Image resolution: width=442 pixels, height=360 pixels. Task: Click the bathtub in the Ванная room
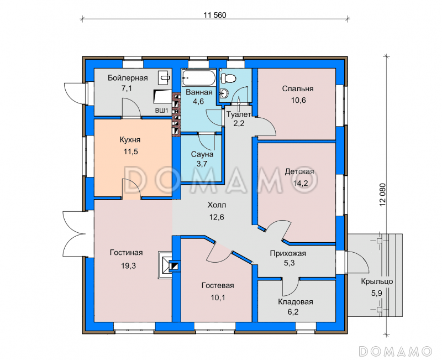pyautogui.click(x=199, y=78)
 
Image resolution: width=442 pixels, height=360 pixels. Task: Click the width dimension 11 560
pyautogui.click(x=215, y=15)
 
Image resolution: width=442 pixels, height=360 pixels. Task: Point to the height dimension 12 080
pyautogui.click(x=382, y=195)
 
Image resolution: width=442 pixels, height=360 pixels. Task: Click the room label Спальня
pyautogui.click(x=298, y=88)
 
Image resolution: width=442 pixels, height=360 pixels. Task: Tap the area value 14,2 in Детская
pyautogui.click(x=300, y=184)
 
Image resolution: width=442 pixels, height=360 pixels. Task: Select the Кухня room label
pyautogui.click(x=130, y=140)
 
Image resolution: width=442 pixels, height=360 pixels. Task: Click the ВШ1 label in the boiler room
pyautogui.click(x=161, y=111)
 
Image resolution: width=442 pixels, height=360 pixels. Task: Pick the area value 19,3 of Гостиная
pyautogui.click(x=129, y=265)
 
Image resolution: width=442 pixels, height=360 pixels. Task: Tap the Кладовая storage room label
pyautogui.click(x=296, y=302)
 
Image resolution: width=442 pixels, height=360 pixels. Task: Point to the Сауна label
pyautogui.click(x=202, y=154)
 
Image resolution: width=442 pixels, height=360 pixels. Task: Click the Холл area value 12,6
pyautogui.click(x=217, y=217)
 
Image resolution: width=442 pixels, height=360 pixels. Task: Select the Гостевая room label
pyautogui.click(x=218, y=285)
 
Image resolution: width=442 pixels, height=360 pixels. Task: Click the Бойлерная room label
pyautogui.click(x=128, y=78)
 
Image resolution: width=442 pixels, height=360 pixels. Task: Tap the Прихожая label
pyautogui.click(x=288, y=253)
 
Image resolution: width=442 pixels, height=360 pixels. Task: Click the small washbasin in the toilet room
pyautogui.click(x=224, y=92)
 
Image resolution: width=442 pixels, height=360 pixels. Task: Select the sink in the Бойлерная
pyautogui.click(x=164, y=77)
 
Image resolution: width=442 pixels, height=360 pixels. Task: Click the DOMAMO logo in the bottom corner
pyautogui.click(x=395, y=351)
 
